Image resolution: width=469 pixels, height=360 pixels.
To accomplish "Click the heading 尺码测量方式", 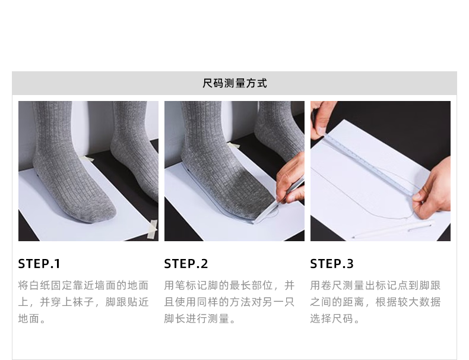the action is pyautogui.click(x=235, y=83).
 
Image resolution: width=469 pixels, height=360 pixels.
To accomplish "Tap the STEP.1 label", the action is pyautogui.click(x=39, y=264).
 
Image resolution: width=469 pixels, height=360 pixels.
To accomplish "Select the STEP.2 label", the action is pyautogui.click(x=186, y=264).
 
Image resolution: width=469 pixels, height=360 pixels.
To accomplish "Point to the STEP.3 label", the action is pyautogui.click(x=332, y=264).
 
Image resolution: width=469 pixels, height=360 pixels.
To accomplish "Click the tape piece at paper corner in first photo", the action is pyautogui.click(x=153, y=229).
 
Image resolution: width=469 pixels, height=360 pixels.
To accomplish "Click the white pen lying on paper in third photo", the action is pyautogui.click(x=392, y=229).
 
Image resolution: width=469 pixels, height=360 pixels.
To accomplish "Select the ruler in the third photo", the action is pyautogui.click(x=369, y=165).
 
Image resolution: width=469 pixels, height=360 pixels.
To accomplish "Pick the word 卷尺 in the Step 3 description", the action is pyautogui.click(x=332, y=285).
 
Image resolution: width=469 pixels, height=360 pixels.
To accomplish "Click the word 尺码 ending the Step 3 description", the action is pyautogui.click(x=343, y=318).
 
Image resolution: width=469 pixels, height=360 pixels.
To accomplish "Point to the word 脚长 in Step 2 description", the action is pyautogui.click(x=175, y=318).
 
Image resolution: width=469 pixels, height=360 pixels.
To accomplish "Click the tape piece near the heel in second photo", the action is pyautogui.click(x=233, y=146).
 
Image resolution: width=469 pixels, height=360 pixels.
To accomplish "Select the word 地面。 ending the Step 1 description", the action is pyautogui.click(x=32, y=318).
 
